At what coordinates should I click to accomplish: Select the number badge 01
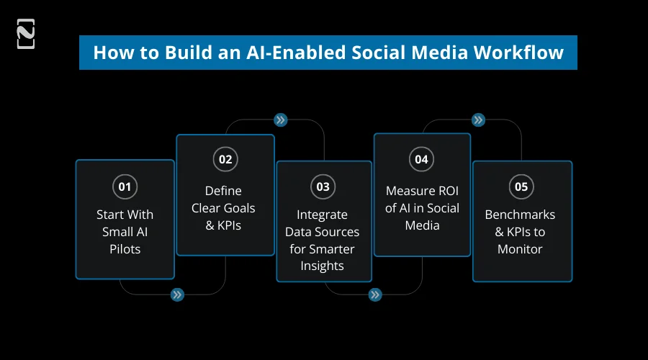(x=125, y=187)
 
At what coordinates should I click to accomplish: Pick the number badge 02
(x=225, y=160)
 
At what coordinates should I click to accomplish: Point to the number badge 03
(x=323, y=187)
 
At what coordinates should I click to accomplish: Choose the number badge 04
(x=421, y=160)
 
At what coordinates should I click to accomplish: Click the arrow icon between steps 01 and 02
(x=176, y=294)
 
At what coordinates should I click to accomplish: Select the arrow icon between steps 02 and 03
(x=281, y=120)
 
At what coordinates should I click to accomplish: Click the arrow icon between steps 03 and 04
(x=374, y=294)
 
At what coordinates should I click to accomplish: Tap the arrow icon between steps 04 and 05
(x=478, y=120)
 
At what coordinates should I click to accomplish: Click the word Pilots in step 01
(x=125, y=249)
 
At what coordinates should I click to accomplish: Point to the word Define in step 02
(x=223, y=191)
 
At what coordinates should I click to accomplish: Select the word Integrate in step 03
(x=322, y=215)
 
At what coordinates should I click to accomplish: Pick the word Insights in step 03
(x=322, y=266)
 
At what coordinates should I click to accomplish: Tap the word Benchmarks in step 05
(x=520, y=215)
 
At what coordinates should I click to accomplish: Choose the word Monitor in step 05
(x=520, y=249)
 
